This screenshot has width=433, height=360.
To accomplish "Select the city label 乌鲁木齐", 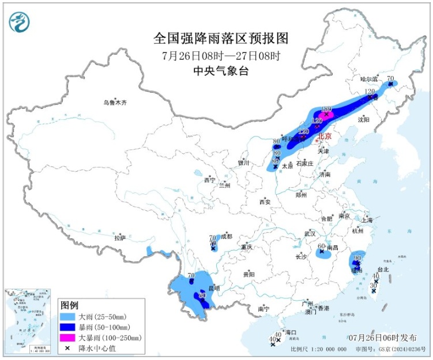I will click(115, 103).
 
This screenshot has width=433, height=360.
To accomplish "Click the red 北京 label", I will click(325, 137).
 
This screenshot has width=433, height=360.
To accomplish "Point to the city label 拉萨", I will click(119, 237).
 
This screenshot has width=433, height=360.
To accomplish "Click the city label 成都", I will click(225, 236).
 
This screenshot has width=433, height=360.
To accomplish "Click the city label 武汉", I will click(310, 234).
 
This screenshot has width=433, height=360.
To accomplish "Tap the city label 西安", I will click(265, 202).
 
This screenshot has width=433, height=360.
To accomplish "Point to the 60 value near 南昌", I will click(322, 247).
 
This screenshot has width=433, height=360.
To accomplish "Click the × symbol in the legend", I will click(69, 348).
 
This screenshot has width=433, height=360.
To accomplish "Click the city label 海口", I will click(290, 333).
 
